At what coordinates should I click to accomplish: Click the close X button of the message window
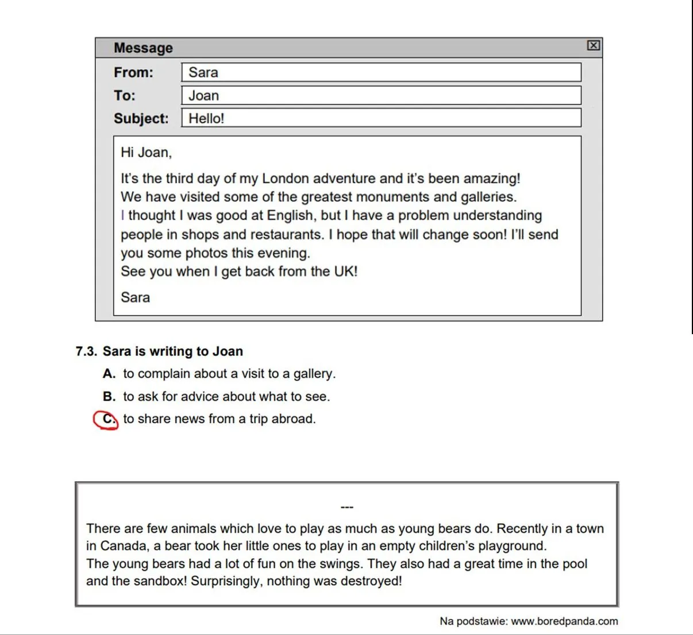click(x=594, y=45)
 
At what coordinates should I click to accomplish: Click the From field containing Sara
click(x=381, y=72)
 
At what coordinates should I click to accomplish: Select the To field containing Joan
click(x=381, y=95)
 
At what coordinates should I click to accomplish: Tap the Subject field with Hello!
click(x=381, y=118)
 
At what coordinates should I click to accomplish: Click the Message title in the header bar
click(x=143, y=48)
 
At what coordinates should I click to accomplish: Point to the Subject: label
click(x=141, y=118)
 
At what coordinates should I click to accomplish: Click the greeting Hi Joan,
click(x=146, y=152)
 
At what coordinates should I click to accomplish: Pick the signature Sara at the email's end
click(x=135, y=297)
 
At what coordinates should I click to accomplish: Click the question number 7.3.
click(x=87, y=351)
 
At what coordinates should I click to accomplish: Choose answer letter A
click(x=109, y=374)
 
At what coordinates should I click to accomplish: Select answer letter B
click(x=109, y=397)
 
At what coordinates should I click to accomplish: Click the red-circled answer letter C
click(x=107, y=419)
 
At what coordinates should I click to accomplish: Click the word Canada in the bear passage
click(x=123, y=546)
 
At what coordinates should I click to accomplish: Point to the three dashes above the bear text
click(x=347, y=507)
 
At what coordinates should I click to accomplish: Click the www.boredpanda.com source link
click(x=564, y=621)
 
